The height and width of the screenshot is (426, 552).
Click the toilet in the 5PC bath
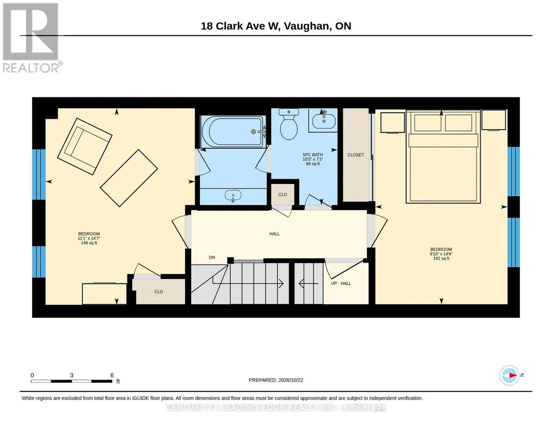point(289,124)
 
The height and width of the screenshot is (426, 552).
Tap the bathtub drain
point(253,131)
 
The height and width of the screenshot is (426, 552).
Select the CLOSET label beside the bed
point(356,155)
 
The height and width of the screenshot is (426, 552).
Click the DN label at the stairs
point(212,257)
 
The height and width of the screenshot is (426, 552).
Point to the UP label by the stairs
point(334,283)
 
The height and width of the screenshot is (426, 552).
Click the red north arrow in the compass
point(513,375)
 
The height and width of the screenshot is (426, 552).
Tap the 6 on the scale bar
point(112,375)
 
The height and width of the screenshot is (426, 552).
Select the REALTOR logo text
point(31,68)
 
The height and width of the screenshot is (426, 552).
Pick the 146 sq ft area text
point(89,243)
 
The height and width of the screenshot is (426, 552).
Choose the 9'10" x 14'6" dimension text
point(441,254)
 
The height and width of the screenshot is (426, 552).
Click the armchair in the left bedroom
point(85,146)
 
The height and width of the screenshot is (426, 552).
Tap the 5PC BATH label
point(313,154)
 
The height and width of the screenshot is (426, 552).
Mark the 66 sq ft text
point(313,164)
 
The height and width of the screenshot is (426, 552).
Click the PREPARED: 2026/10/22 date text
point(276,380)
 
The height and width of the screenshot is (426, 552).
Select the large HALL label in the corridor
point(274,234)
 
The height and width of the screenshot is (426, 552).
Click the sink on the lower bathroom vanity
point(233,196)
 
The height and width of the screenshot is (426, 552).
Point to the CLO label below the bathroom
point(283,194)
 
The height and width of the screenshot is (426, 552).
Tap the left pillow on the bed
point(428,122)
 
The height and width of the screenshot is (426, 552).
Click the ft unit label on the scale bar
point(118,381)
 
